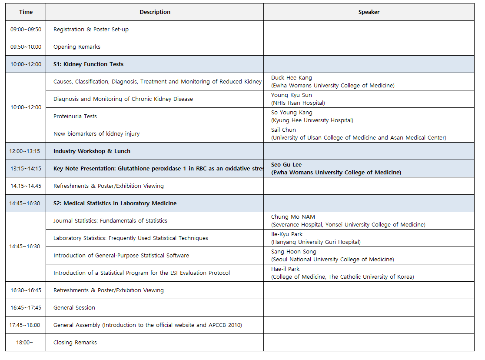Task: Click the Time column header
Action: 26,12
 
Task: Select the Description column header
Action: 155,12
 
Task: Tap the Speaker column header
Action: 369,12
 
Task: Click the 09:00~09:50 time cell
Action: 26,30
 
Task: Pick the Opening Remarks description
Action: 77,47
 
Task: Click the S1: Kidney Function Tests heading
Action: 88,64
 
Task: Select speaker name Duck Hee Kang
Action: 292,78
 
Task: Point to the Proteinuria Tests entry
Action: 75,117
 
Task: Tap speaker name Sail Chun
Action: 283,130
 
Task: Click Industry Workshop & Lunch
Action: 92,151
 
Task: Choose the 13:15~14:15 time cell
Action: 26,169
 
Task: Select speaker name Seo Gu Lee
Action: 286,165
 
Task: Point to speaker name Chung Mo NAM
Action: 293,217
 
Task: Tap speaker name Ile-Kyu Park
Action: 287,234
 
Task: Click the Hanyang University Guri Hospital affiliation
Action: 316,242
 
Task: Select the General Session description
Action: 74,308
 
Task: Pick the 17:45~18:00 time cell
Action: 26,325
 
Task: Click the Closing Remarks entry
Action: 75,343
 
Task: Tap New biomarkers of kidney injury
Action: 96,134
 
